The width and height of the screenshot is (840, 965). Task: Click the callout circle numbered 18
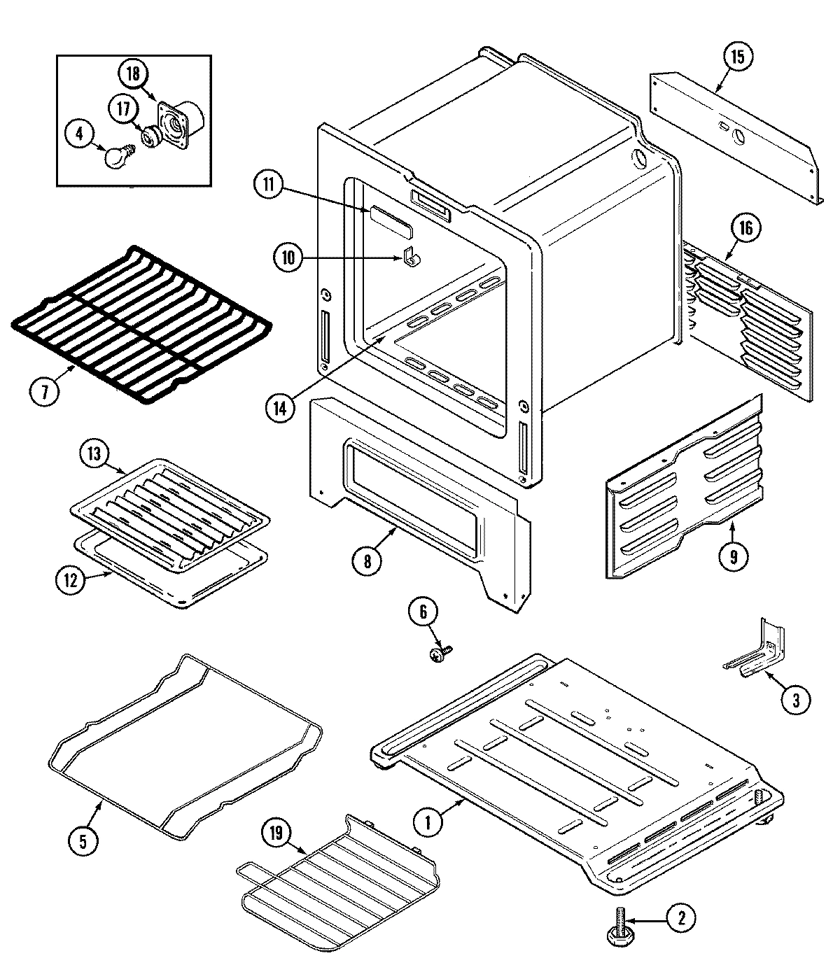tap(133, 72)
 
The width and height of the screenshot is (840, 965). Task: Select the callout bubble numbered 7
tap(45, 391)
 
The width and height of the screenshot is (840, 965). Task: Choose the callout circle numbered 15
tap(737, 57)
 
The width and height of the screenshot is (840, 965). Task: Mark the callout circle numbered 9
tap(733, 556)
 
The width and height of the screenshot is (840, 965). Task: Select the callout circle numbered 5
tap(83, 841)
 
